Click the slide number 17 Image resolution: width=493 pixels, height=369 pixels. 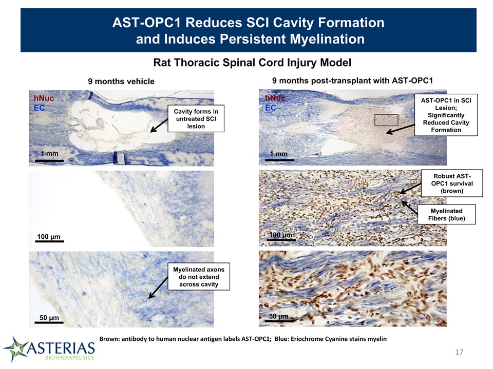coord(459,352)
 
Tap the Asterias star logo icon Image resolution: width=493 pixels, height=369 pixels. coord(15,349)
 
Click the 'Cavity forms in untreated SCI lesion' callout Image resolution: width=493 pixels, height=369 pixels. coord(196,118)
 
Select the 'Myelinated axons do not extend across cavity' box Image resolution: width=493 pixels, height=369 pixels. coord(199,276)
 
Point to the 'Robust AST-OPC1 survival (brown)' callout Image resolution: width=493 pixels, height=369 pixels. coord(452,183)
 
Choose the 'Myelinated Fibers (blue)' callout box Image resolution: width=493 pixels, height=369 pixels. coord(446,215)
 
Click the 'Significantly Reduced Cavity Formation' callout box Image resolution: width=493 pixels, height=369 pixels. coord(446,115)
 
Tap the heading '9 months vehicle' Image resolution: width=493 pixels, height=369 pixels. coord(121,81)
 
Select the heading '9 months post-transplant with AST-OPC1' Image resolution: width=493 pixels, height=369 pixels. coord(352,80)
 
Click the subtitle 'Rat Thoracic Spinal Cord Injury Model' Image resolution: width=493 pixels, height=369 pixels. coord(252,63)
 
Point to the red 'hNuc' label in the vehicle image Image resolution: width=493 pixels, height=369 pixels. coord(44,98)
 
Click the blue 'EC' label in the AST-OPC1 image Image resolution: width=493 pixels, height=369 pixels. coord(271,108)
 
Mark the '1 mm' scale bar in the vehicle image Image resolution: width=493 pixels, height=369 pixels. coord(49,160)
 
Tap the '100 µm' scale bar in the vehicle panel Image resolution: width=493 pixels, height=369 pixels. coord(49,241)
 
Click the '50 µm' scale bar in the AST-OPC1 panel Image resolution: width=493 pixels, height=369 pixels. coord(279,321)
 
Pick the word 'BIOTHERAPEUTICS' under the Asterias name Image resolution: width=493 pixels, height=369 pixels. coord(69,357)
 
